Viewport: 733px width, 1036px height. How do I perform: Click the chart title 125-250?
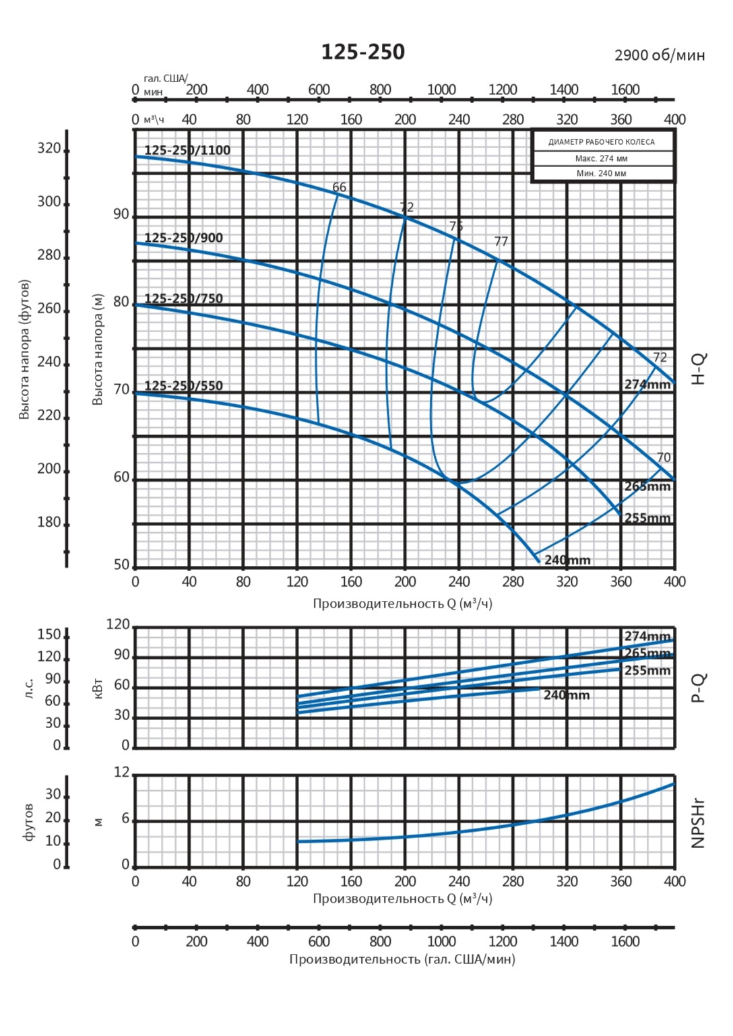pos(362,52)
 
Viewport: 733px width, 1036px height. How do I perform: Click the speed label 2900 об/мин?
pos(659,55)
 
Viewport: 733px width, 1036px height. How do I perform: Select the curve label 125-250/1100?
pos(187,150)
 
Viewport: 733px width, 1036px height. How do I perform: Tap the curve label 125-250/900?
pos(183,238)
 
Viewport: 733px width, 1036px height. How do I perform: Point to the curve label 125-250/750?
pos(183,298)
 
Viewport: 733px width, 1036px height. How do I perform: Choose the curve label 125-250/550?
pos(183,386)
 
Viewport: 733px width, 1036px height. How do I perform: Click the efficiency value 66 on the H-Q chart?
pos(339,187)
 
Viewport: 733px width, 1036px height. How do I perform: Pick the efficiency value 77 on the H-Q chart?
pos(501,241)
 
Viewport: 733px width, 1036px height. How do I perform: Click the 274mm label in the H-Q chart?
pos(647,385)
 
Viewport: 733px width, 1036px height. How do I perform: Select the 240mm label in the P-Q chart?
pos(567,695)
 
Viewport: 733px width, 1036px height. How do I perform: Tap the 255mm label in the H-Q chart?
pos(647,518)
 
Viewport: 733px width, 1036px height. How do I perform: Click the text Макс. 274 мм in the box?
pos(602,159)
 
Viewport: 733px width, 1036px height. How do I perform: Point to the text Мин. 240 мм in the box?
pos(602,174)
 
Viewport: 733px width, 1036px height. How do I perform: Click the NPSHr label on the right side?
pos(698,823)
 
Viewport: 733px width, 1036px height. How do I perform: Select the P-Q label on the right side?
pos(699,688)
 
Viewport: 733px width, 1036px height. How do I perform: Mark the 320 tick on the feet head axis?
pos(49,149)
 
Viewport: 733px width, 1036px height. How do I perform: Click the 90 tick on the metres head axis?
pos(121,215)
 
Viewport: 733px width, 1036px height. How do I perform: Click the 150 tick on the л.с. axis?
pos(49,635)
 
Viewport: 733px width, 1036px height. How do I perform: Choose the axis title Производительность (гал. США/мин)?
pos(402,959)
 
